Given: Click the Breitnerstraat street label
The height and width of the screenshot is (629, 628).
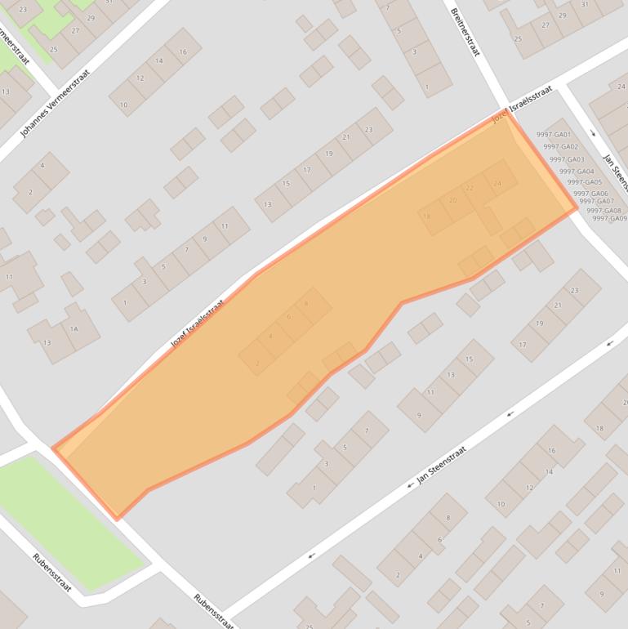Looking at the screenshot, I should pyautogui.click(x=464, y=32).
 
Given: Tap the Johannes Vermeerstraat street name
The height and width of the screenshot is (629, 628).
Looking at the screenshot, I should pyautogui.click(x=55, y=103).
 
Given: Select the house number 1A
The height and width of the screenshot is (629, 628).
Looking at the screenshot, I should pyautogui.click(x=73, y=329).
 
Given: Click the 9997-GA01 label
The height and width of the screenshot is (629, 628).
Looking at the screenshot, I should pyautogui.click(x=554, y=135).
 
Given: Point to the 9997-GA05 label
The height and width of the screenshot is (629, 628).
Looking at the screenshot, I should pyautogui.click(x=584, y=182).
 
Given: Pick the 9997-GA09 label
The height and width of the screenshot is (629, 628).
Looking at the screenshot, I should pyautogui.click(x=609, y=218).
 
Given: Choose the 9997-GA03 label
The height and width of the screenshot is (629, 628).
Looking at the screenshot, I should pyautogui.click(x=566, y=159).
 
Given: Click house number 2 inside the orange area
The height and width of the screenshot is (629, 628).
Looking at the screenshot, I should pyautogui.click(x=257, y=364).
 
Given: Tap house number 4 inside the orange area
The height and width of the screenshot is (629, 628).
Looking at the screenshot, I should pyautogui.click(x=270, y=337).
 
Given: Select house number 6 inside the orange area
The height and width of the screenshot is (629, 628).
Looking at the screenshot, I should pyautogui.click(x=288, y=317).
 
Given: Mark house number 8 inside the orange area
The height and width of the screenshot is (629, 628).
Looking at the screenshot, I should pyautogui.click(x=306, y=304).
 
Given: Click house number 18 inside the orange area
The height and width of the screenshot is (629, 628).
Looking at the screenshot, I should pyautogui.click(x=427, y=216).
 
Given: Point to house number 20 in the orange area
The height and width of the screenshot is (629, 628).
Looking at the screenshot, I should pyautogui.click(x=452, y=200).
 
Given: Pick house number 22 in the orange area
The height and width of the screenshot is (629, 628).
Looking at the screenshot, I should pyautogui.click(x=470, y=188).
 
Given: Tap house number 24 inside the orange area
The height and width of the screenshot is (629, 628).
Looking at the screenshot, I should pyautogui.click(x=497, y=183).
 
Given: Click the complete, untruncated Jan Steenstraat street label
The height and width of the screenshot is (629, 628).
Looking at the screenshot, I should pyautogui.click(x=441, y=466).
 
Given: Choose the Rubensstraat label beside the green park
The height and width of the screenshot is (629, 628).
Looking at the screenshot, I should pyautogui.click(x=52, y=572).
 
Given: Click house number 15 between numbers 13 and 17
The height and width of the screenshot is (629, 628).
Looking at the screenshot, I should pyautogui.click(x=286, y=184).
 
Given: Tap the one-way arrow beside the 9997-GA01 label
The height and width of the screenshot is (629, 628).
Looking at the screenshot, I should pyautogui.click(x=594, y=133).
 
